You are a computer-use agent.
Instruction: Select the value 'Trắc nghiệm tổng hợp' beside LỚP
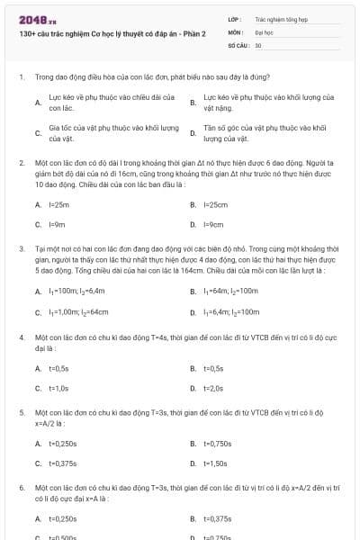tap(281, 18)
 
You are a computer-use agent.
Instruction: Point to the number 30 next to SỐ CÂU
tap(258, 43)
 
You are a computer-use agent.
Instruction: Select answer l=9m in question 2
tap(58, 224)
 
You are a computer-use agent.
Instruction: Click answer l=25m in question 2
tap(58, 204)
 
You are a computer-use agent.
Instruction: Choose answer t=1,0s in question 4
tap(58, 388)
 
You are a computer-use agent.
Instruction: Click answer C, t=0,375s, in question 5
tap(62, 463)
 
